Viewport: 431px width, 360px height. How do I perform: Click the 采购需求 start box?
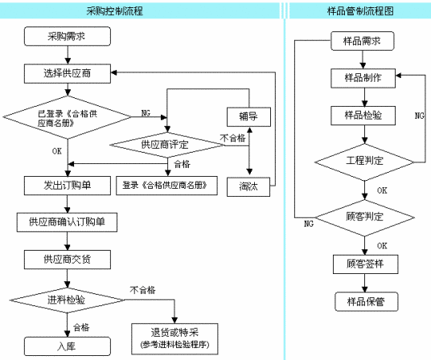(x=68, y=36)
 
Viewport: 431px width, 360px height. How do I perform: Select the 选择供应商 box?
(x=68, y=74)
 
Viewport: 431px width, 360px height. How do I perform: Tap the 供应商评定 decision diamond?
(x=167, y=145)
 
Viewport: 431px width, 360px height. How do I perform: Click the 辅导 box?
(x=248, y=117)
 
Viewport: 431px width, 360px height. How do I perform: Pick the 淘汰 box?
(x=248, y=186)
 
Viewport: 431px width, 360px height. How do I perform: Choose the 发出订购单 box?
(x=68, y=186)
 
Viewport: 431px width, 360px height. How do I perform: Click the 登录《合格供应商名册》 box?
(x=166, y=186)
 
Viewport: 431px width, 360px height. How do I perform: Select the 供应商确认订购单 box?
(x=67, y=222)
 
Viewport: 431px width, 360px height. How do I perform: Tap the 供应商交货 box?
(x=68, y=260)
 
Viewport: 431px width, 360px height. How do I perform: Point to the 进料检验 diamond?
(x=68, y=301)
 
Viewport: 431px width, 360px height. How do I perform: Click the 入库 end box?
(x=68, y=346)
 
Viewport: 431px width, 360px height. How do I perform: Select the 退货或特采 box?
(x=174, y=339)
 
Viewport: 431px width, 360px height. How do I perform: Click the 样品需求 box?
(x=363, y=41)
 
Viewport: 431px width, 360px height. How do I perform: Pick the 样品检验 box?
(x=363, y=116)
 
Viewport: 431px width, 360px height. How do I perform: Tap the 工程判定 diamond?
(x=364, y=162)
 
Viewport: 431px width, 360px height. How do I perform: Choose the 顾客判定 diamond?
(x=364, y=218)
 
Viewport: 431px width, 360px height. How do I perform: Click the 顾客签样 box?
(x=366, y=264)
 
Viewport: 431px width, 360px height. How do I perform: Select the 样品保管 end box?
(x=367, y=302)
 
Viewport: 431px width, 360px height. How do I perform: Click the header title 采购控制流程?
(x=115, y=11)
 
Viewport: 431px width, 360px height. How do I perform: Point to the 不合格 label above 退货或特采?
(x=142, y=290)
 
